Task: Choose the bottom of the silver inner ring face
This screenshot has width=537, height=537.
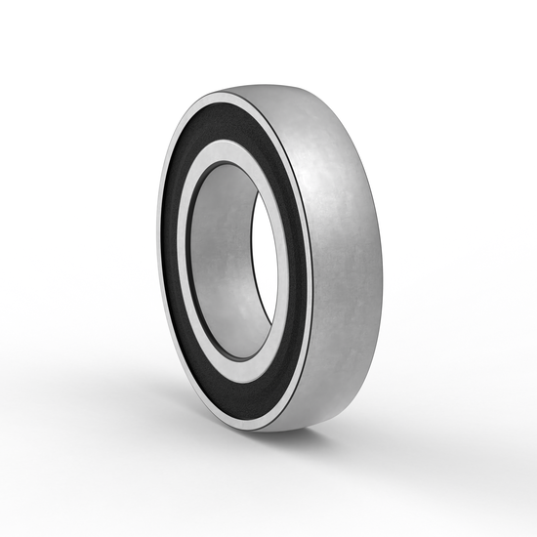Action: (x=234, y=379)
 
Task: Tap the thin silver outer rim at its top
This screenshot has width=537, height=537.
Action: (x=230, y=98)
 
